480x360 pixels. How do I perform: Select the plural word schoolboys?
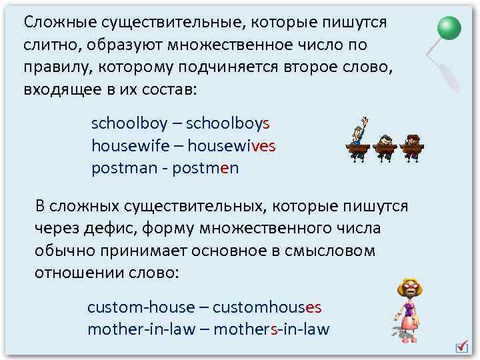[227, 124]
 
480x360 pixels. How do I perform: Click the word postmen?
[205, 168]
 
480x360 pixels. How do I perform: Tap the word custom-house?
[140, 308]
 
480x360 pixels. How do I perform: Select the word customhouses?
[267, 308]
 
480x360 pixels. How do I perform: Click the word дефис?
[107, 229]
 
